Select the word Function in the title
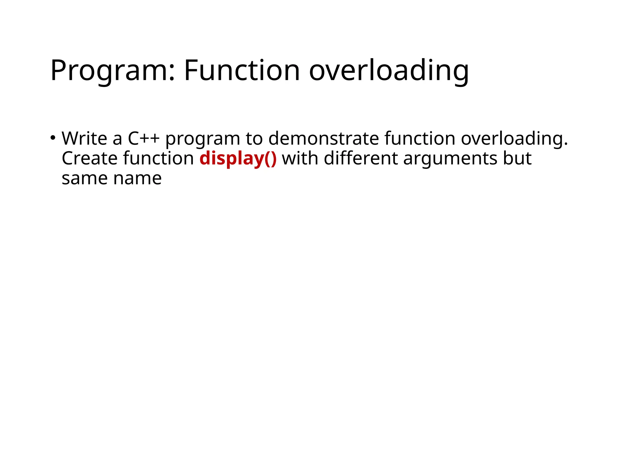coord(242,70)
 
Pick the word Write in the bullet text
coord(84,138)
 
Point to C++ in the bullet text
coord(143,138)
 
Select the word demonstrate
coord(324,138)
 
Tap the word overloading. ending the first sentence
coord(514,139)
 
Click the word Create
coord(90,159)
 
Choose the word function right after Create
coord(158,159)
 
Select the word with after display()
coord(300,159)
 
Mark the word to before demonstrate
coord(254,139)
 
